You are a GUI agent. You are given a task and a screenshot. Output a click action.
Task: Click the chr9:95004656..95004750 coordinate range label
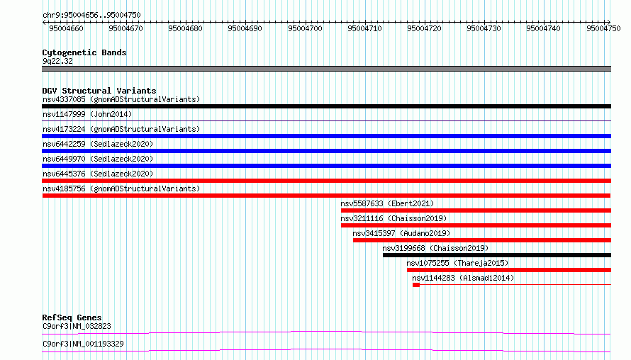(x=91, y=16)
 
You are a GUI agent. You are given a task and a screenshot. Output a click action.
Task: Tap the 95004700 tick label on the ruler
(x=305, y=28)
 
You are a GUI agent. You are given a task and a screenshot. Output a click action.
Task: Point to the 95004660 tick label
(x=67, y=28)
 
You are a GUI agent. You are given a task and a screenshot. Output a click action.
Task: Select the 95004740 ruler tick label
(x=543, y=28)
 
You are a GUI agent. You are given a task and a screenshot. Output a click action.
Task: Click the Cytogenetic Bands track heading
(x=84, y=52)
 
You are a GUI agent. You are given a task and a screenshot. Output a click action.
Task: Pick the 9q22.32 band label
(x=57, y=61)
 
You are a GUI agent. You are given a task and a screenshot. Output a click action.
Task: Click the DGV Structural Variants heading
(x=99, y=91)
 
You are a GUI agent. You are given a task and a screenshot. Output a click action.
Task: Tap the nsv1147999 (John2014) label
(x=87, y=114)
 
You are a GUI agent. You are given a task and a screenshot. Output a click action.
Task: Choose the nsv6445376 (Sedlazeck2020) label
(x=98, y=174)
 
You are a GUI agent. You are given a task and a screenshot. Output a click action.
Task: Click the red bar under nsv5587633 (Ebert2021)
(x=476, y=210)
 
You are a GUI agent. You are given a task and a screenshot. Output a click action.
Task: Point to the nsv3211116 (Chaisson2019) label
(x=393, y=218)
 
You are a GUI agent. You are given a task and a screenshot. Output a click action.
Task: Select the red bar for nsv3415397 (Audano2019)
(x=482, y=240)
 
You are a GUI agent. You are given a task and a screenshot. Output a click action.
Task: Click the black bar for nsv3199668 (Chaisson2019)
(x=497, y=255)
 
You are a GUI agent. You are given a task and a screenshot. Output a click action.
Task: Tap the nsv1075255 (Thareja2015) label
(x=457, y=263)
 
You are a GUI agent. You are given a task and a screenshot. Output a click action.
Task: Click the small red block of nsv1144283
(x=416, y=285)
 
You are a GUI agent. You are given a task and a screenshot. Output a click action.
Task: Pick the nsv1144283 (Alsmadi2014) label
(x=463, y=278)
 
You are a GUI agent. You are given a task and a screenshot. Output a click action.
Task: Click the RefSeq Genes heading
(x=72, y=317)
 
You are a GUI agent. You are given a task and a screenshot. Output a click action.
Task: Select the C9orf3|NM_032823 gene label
(x=77, y=326)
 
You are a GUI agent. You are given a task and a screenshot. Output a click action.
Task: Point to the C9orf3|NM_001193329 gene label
(x=83, y=344)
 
